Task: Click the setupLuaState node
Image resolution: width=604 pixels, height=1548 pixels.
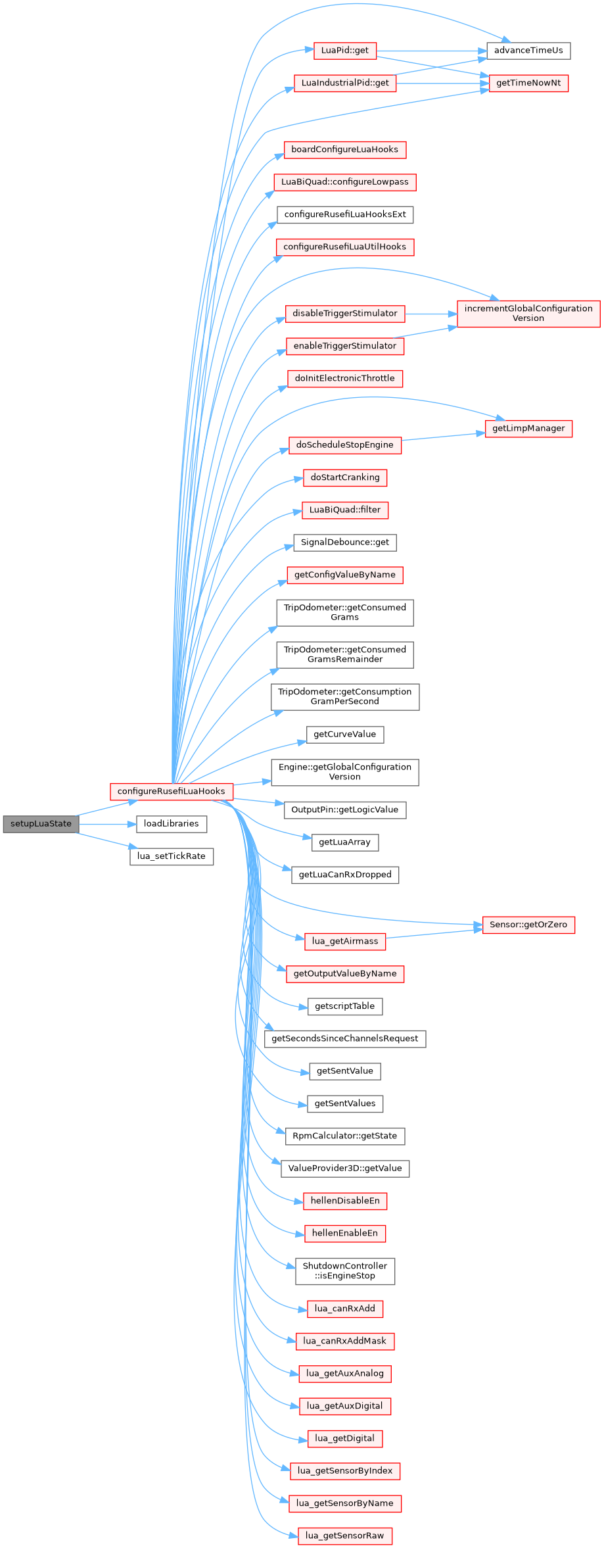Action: click(x=41, y=823)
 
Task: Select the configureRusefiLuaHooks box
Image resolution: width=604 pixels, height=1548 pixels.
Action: click(x=171, y=791)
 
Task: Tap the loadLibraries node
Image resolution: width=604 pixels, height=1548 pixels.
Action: click(x=171, y=823)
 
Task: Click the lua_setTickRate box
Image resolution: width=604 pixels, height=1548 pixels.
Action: click(x=171, y=856)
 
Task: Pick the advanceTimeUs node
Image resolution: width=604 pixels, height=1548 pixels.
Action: click(x=528, y=51)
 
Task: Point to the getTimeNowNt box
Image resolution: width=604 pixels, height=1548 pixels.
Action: click(x=528, y=84)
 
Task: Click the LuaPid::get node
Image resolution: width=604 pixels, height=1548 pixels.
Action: click(x=344, y=51)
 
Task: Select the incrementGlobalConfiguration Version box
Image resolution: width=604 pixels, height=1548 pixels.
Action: click(x=528, y=313)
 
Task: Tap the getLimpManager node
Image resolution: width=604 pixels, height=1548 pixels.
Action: click(x=528, y=428)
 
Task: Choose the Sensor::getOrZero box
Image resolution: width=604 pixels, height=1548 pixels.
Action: click(x=528, y=925)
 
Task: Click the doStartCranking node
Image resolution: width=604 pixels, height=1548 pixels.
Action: click(x=344, y=477)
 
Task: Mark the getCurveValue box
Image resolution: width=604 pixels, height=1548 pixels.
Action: click(x=344, y=735)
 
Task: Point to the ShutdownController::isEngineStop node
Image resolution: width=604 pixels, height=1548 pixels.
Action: click(x=344, y=1270)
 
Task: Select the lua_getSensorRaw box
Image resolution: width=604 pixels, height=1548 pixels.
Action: click(x=344, y=1536)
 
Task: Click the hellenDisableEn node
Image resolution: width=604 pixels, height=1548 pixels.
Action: click(x=344, y=1201)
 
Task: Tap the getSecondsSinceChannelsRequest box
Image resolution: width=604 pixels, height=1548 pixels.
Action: click(x=344, y=1038)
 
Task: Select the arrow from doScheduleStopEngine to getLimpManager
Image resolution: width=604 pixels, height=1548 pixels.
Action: click(x=443, y=437)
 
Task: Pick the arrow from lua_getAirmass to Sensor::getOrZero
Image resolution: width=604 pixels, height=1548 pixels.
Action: click(x=434, y=934)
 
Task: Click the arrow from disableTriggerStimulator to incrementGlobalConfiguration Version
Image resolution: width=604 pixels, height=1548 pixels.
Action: click(x=430, y=314)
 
